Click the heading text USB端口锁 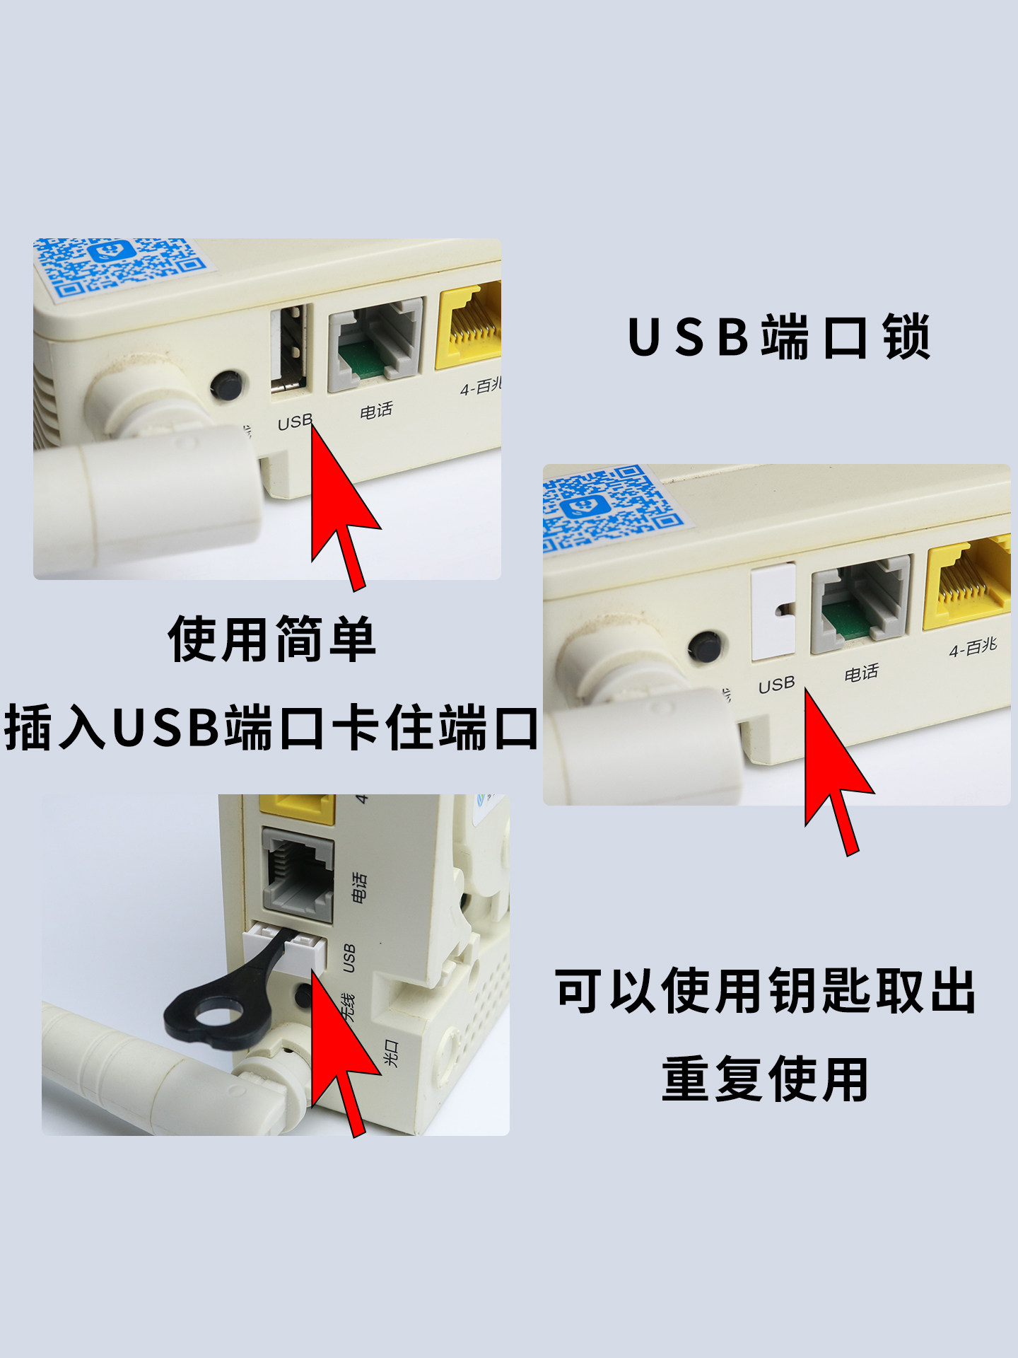coord(778,337)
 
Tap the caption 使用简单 coord(271,639)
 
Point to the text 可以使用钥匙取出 coord(765,991)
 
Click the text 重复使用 coord(765,1079)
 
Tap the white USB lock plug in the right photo coord(773,611)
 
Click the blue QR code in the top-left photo coord(121,265)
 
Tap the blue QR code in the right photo coord(609,506)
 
